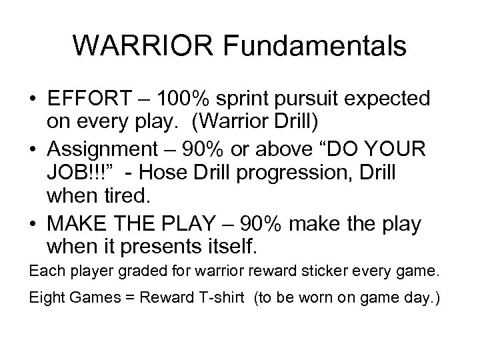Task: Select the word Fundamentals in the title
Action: tap(316, 46)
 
